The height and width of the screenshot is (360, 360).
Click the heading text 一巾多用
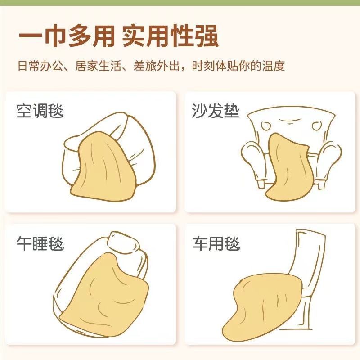(66, 36)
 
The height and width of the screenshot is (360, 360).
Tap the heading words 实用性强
(170, 36)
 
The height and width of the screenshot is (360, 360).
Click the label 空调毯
(40, 111)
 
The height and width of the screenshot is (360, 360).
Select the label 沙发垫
(216, 111)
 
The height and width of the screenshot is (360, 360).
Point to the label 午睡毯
(40, 243)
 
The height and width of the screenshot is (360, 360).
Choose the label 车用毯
(216, 243)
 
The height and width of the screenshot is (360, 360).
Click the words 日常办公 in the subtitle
(40, 66)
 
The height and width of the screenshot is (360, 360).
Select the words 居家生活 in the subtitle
(98, 66)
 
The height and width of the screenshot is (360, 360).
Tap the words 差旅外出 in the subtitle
(156, 66)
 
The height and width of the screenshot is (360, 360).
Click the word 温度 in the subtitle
(274, 66)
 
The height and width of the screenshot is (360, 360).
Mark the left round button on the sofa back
(266, 126)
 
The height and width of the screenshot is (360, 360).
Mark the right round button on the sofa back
(317, 126)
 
